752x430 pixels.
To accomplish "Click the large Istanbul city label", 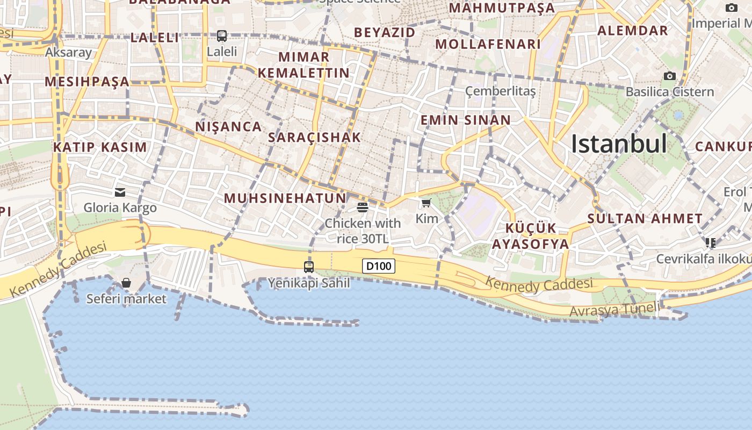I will pyautogui.click(x=619, y=144).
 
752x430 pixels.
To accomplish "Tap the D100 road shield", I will pyautogui.click(x=379, y=266).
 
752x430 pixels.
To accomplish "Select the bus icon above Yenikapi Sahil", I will pyautogui.click(x=309, y=267).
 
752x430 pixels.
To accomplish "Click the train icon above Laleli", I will pyautogui.click(x=222, y=36).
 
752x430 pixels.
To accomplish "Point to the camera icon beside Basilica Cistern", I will pyautogui.click(x=669, y=76).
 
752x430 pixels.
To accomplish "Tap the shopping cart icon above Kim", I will pyautogui.click(x=426, y=203).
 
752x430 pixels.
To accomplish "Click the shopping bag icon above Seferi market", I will pyautogui.click(x=126, y=283).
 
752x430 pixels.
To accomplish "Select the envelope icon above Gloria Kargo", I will pyautogui.click(x=120, y=192).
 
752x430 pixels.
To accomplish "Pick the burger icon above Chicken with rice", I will pyautogui.click(x=363, y=207).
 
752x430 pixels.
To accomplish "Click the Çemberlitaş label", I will pyautogui.click(x=500, y=91).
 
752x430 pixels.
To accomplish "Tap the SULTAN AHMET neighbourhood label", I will pyautogui.click(x=645, y=219).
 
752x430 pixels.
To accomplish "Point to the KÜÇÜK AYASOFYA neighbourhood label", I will pyautogui.click(x=530, y=236).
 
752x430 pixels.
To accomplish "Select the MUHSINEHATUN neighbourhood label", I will pyautogui.click(x=285, y=198).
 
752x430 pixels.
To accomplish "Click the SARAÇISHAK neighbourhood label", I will pyautogui.click(x=314, y=137).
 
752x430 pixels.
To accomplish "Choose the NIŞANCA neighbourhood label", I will pyautogui.click(x=228, y=126).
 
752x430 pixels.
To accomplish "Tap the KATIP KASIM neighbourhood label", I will pyautogui.click(x=100, y=147).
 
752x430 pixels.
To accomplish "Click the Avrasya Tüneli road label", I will pyautogui.click(x=614, y=310).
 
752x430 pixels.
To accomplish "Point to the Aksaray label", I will pyautogui.click(x=68, y=52).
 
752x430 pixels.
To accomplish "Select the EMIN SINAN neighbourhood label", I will pyautogui.click(x=465, y=120).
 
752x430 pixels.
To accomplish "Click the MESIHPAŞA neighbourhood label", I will pyautogui.click(x=87, y=82).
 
